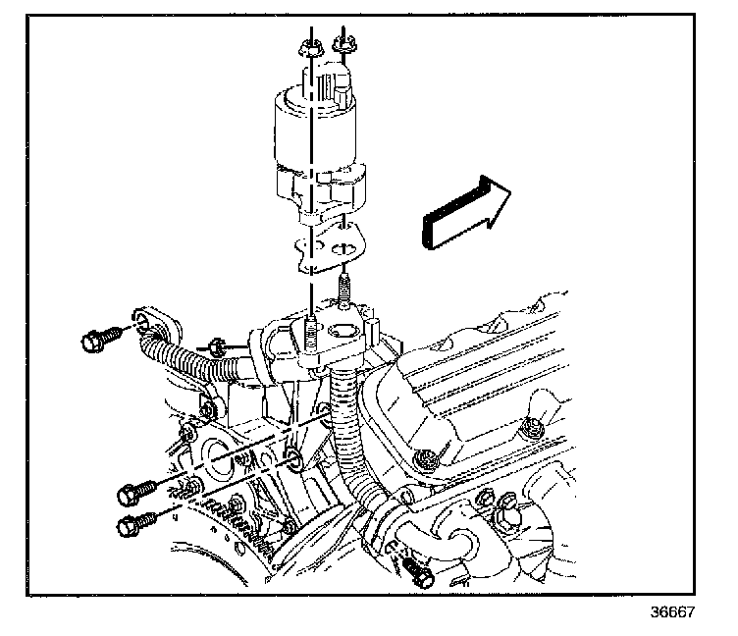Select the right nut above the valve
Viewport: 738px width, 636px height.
(344, 43)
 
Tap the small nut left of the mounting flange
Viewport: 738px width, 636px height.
(219, 346)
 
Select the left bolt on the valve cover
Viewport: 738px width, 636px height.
(424, 459)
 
